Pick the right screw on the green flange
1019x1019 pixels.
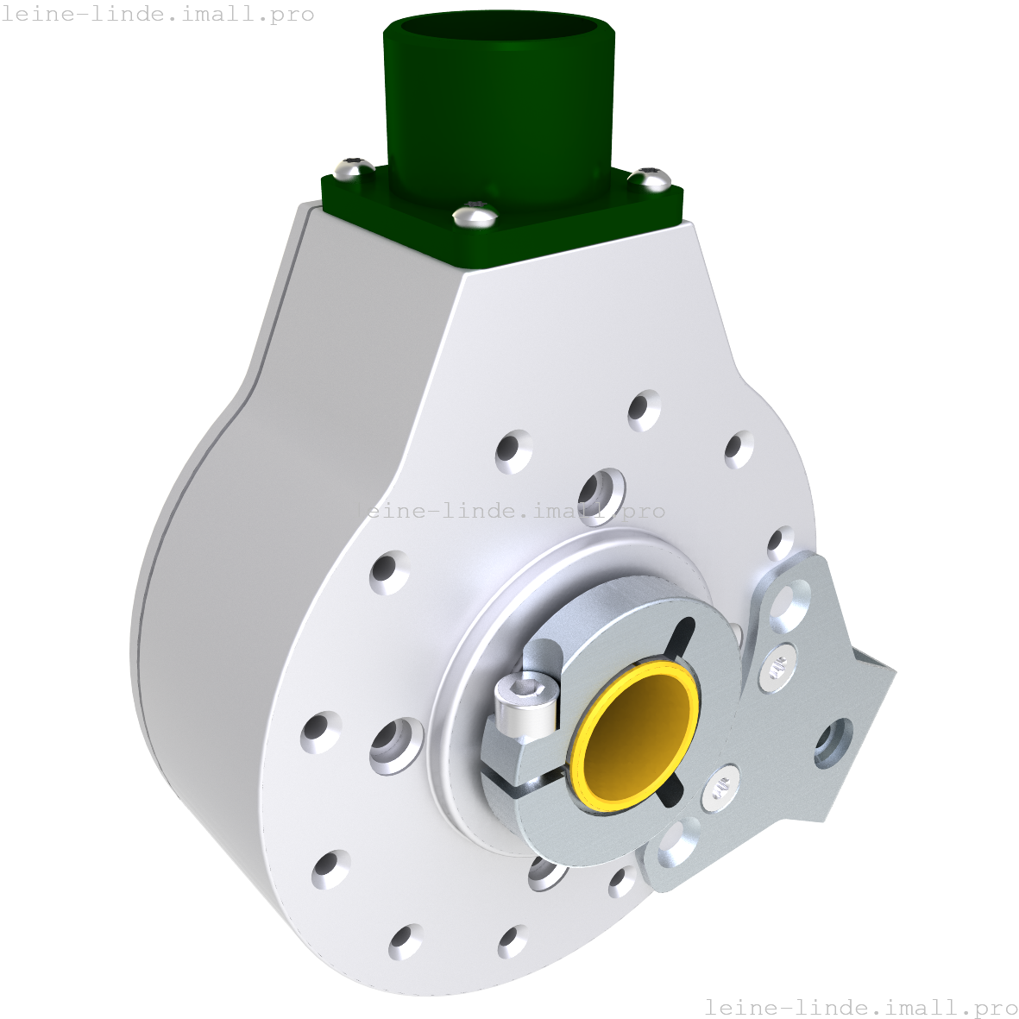pyautogui.click(x=650, y=179)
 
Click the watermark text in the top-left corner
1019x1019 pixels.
pyautogui.click(x=157, y=15)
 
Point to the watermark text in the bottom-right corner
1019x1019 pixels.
pyautogui.click(x=860, y=1007)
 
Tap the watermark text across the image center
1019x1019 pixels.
pyautogui.click(x=508, y=511)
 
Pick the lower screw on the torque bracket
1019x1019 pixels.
pyautogui.click(x=721, y=789)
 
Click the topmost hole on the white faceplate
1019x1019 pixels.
pyautogui.click(x=644, y=409)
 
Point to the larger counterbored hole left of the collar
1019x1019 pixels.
pyautogui.click(x=396, y=743)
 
